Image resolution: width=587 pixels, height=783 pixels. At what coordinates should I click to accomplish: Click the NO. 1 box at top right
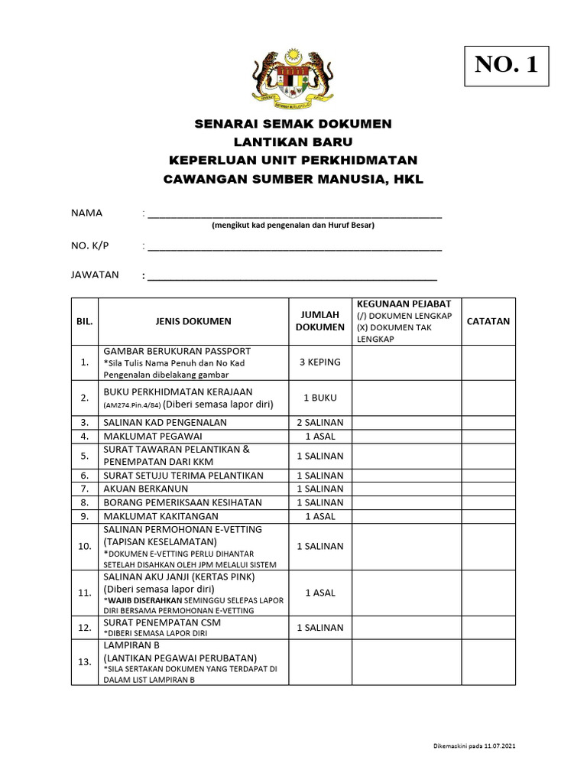click(506, 65)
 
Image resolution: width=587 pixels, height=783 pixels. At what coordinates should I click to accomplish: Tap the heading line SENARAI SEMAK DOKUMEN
click(293, 123)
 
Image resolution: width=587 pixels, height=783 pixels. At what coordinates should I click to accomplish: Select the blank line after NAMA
click(294, 215)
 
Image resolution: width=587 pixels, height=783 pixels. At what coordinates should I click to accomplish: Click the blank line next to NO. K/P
click(294, 247)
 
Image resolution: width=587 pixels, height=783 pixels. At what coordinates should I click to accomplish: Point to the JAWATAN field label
click(95, 275)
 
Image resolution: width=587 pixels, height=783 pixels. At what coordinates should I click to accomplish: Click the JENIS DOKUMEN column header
click(193, 321)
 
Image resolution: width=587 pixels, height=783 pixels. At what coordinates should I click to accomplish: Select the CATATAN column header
click(488, 321)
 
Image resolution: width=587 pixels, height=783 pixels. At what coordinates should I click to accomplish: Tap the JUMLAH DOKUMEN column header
click(320, 321)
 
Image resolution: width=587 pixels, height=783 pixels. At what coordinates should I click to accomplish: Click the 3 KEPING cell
click(320, 362)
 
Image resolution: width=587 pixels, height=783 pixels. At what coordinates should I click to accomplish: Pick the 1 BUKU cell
click(320, 398)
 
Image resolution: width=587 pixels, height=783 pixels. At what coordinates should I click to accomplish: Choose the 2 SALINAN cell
click(320, 422)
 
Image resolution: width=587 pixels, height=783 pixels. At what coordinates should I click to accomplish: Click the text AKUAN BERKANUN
click(145, 489)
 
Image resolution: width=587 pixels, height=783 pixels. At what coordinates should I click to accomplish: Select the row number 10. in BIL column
click(85, 547)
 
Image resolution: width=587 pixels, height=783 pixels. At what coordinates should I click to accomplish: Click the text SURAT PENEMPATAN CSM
click(162, 622)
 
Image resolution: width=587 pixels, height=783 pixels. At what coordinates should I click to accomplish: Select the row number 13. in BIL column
click(85, 661)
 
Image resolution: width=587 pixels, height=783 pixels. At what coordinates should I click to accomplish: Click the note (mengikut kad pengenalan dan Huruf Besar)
click(293, 226)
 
